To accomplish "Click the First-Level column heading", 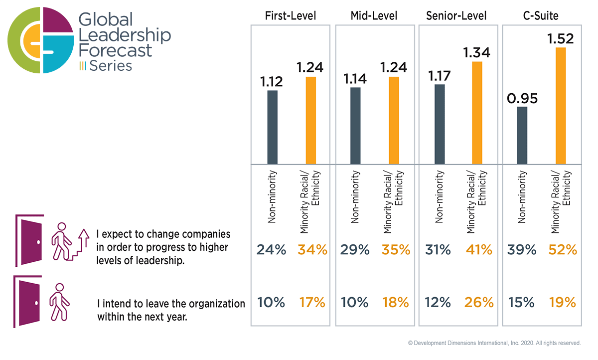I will [290, 16].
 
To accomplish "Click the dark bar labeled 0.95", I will [522, 135].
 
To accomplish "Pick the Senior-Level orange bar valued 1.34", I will [477, 113].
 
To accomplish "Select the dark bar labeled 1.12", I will [272, 127].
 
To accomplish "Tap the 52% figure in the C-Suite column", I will [562, 250].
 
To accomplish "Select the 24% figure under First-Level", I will [271, 250].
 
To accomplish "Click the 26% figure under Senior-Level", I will [479, 302].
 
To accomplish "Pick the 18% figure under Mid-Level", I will [395, 302].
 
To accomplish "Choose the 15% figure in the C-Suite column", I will [522, 302].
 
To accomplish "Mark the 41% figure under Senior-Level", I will [479, 250].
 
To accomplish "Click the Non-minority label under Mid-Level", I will [355, 196].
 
